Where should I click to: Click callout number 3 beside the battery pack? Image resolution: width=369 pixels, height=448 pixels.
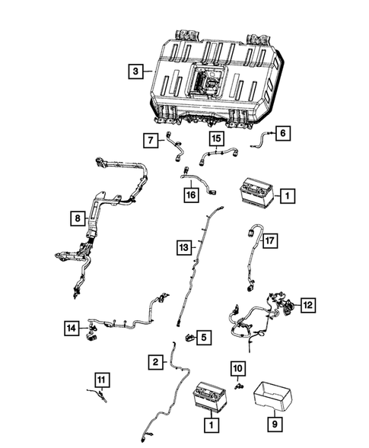(135, 72)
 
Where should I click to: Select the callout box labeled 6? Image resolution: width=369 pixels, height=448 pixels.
(282, 133)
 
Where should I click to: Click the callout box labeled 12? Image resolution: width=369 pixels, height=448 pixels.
(307, 305)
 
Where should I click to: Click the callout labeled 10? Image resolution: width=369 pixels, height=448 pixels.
(238, 369)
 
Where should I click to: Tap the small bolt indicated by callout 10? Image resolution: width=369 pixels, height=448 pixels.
(239, 386)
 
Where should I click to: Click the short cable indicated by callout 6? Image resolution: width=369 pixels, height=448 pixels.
(261, 137)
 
